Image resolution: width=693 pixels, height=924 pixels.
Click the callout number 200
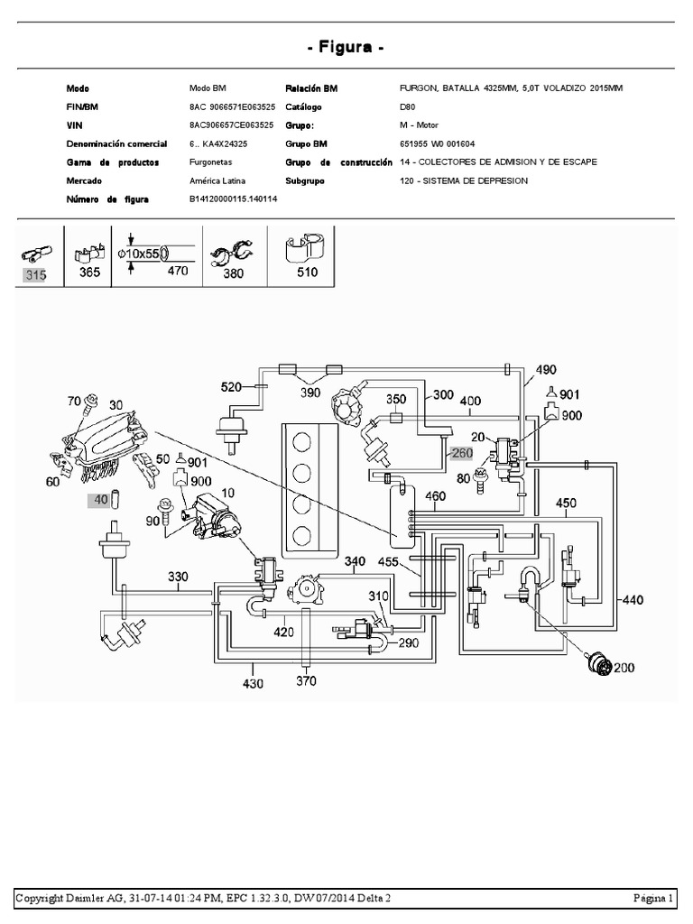[x=625, y=668]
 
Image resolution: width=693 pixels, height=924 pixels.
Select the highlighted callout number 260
[x=463, y=454]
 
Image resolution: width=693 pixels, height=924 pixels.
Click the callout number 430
[x=253, y=683]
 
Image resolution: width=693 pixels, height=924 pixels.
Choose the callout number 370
[x=307, y=681]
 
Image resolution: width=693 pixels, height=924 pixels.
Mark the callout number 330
[x=179, y=576]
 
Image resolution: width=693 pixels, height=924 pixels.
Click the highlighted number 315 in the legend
[x=35, y=275]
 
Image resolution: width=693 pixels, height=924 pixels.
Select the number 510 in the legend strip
[x=307, y=272]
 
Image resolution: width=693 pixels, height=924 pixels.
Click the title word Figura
[x=346, y=47]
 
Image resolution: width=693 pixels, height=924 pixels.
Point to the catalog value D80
[x=408, y=106]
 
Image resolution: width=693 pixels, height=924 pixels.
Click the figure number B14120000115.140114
[x=233, y=199]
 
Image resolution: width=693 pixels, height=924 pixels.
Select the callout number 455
[x=389, y=561]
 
